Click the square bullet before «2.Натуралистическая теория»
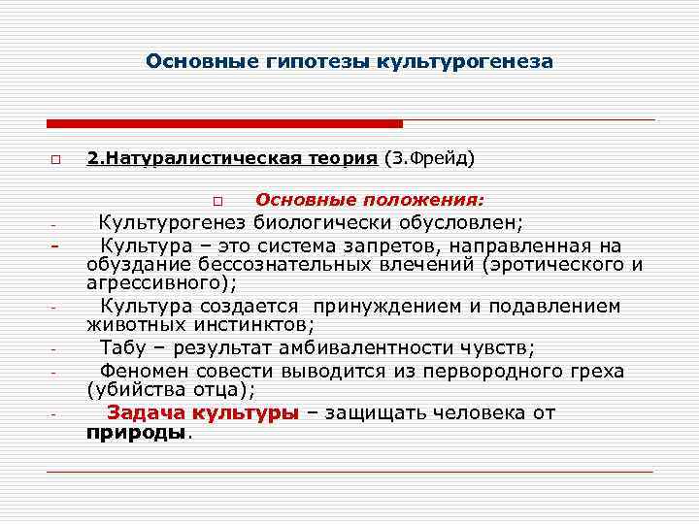tap(57, 158)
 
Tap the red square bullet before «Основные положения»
tap(218, 202)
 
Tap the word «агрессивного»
tap(155, 283)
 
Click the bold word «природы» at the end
tap(135, 433)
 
